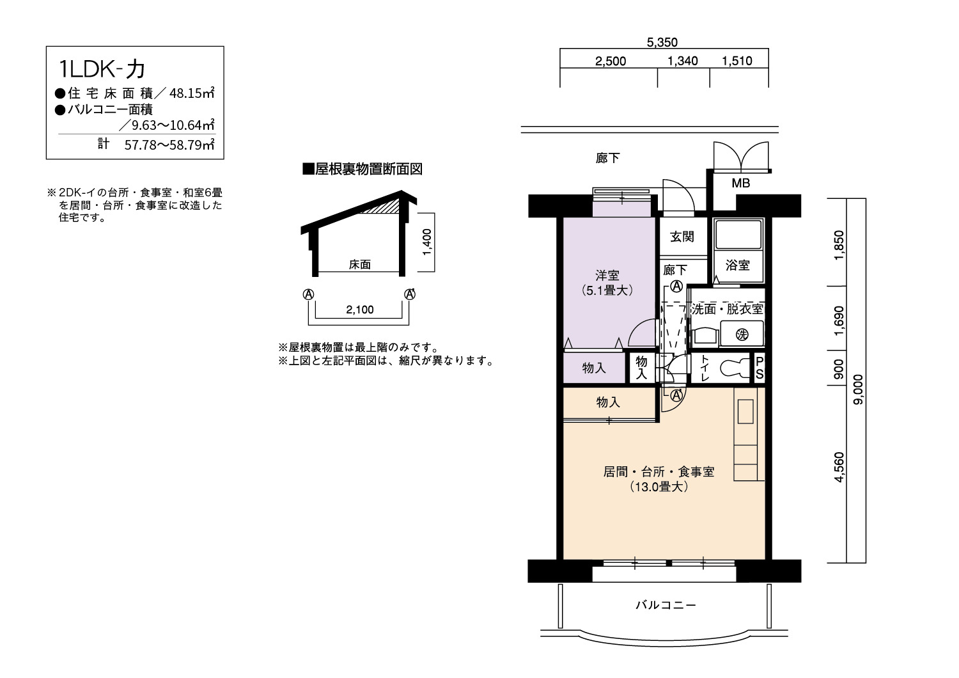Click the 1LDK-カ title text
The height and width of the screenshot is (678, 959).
tap(102, 69)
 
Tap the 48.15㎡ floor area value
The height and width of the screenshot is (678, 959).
tap(192, 93)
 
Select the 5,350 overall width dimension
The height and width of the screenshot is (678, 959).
tap(662, 42)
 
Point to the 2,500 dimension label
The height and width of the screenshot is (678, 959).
tap(611, 61)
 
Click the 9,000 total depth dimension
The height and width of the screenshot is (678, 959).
tap(859, 390)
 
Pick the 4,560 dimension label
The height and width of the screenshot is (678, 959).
tap(839, 468)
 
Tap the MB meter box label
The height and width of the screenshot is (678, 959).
tap(740, 184)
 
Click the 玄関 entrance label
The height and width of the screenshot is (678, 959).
tap(682, 237)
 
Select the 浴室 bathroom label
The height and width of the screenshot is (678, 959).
tap(738, 265)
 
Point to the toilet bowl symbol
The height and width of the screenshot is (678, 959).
tap(733, 368)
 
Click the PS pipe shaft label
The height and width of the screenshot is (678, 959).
tap(760, 368)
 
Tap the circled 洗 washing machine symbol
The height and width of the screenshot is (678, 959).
tap(742, 335)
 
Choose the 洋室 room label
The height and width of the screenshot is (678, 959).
tap(607, 275)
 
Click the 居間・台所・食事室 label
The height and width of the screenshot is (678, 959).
tap(659, 471)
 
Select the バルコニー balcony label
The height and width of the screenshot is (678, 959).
tap(666, 604)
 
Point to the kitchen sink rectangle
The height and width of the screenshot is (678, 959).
tap(745, 411)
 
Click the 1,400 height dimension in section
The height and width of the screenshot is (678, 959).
tap(427, 242)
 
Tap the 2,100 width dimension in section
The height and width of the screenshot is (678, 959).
tap(359, 309)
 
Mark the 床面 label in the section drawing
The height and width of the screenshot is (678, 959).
tap(359, 264)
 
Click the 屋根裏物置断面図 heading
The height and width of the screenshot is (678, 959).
tap(363, 169)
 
